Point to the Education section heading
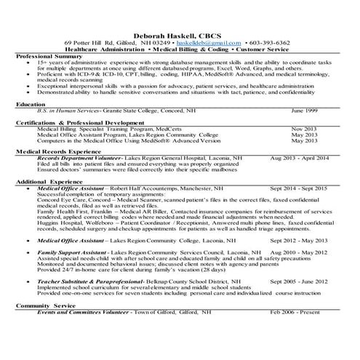tap(31, 104)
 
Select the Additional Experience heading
tap(49, 180)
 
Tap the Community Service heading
tap(45, 305)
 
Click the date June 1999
tap(304, 111)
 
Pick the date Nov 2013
tap(303, 128)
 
